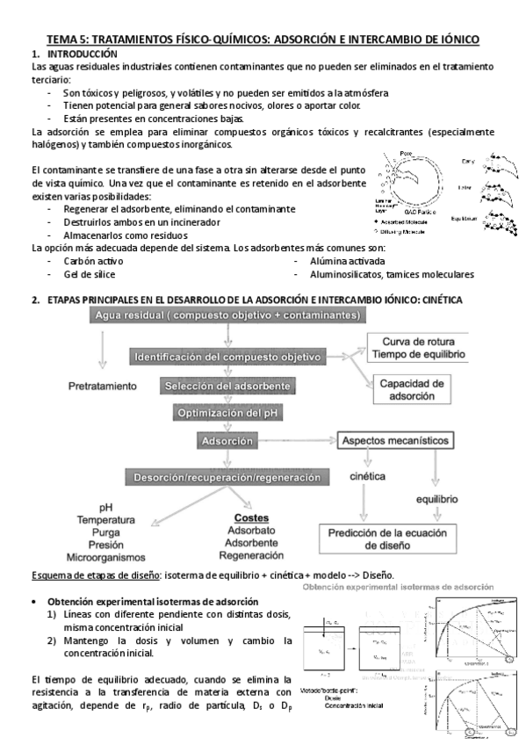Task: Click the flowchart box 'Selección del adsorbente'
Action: (227, 386)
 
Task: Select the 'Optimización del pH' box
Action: (227, 413)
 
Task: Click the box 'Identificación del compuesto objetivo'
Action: (227, 357)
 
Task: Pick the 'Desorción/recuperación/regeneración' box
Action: (227, 477)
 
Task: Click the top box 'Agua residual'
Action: (227, 315)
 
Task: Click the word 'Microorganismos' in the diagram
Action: (106, 557)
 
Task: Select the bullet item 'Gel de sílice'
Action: (90, 274)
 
